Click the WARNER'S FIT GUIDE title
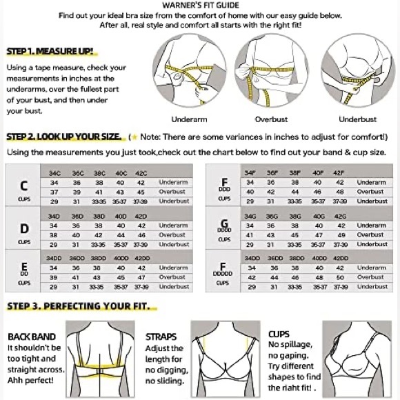click(x=200, y=5)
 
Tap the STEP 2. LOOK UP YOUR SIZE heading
click(x=61, y=137)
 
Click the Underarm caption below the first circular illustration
click(x=189, y=119)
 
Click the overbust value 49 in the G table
click(x=339, y=234)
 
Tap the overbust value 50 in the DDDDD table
click(x=339, y=277)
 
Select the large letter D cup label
click(x=24, y=228)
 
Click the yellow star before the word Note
click(x=133, y=137)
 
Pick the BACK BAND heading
click(x=30, y=337)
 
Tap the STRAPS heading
click(x=160, y=337)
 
